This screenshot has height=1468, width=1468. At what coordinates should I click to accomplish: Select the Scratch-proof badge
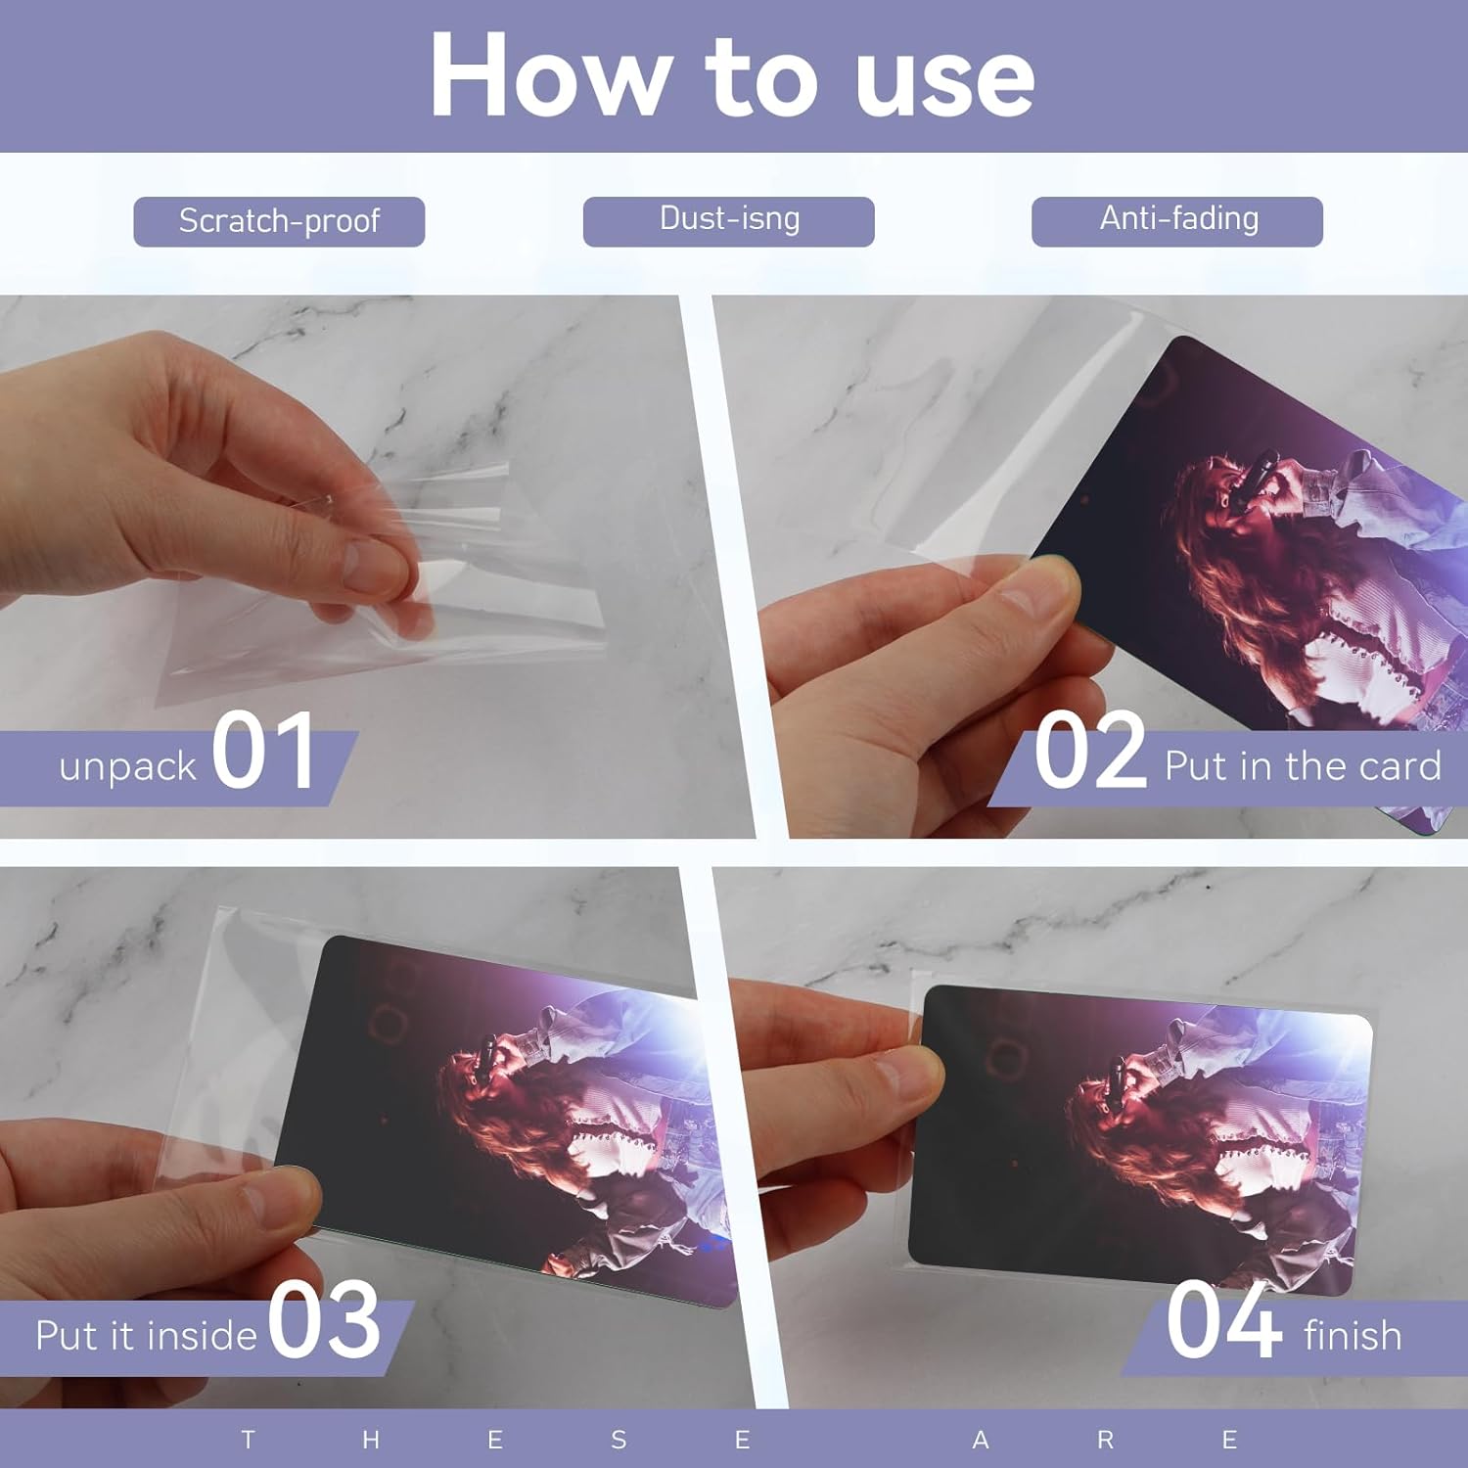pyautogui.click(x=279, y=221)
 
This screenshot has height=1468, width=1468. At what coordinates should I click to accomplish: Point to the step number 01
pyautogui.click(x=262, y=751)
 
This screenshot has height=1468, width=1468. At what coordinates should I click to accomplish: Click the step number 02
pyautogui.click(x=1090, y=751)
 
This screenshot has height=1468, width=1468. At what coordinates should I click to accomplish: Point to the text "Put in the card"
pyautogui.click(x=1303, y=766)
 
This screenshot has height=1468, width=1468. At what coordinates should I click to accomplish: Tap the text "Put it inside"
pyautogui.click(x=146, y=1336)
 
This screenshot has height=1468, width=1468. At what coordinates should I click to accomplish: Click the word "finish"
pyautogui.click(x=1353, y=1335)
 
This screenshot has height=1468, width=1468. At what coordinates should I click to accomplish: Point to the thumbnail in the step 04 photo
pyautogui.click(x=1140, y=1140)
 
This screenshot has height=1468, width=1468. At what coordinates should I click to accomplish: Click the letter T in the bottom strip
pyautogui.click(x=248, y=1440)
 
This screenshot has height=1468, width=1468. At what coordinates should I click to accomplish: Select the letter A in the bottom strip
pyautogui.click(x=981, y=1440)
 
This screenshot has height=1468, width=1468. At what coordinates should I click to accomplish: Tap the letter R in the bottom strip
pyautogui.click(x=1106, y=1440)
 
